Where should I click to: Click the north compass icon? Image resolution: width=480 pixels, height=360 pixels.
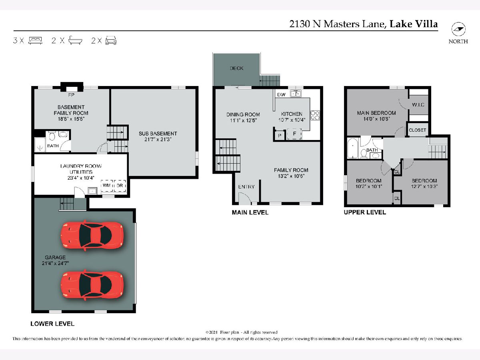[458, 29]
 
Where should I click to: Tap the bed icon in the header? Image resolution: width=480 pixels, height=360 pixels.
[35, 41]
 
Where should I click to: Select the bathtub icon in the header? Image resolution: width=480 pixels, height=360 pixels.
[76, 40]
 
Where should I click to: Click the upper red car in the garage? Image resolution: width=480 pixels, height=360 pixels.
[92, 236]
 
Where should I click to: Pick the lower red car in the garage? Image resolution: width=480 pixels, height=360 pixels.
[92, 285]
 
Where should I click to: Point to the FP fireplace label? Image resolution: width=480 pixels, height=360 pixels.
[71, 95]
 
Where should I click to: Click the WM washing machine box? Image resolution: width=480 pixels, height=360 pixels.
[107, 186]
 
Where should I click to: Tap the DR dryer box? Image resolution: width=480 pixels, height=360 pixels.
[120, 186]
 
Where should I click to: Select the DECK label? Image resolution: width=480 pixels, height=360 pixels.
[237, 68]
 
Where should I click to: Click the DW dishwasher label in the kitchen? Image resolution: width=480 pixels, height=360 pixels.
[281, 95]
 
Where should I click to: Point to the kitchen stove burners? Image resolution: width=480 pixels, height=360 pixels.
[315, 115]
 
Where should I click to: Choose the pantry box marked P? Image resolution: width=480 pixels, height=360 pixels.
[280, 136]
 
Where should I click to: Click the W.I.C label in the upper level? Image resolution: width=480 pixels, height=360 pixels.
[418, 105]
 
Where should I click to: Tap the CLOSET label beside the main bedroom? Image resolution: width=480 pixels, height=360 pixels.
[418, 130]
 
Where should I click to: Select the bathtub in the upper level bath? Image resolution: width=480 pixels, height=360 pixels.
[353, 148]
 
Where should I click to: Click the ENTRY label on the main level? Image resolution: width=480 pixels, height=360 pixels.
[246, 187]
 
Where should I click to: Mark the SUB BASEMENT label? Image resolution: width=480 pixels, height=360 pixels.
[158, 134]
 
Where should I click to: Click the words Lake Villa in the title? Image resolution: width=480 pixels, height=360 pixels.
[414, 24]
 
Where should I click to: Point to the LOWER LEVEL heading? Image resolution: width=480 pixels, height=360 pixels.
[52, 324]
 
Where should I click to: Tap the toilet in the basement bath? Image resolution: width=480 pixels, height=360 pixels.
[52, 136]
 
